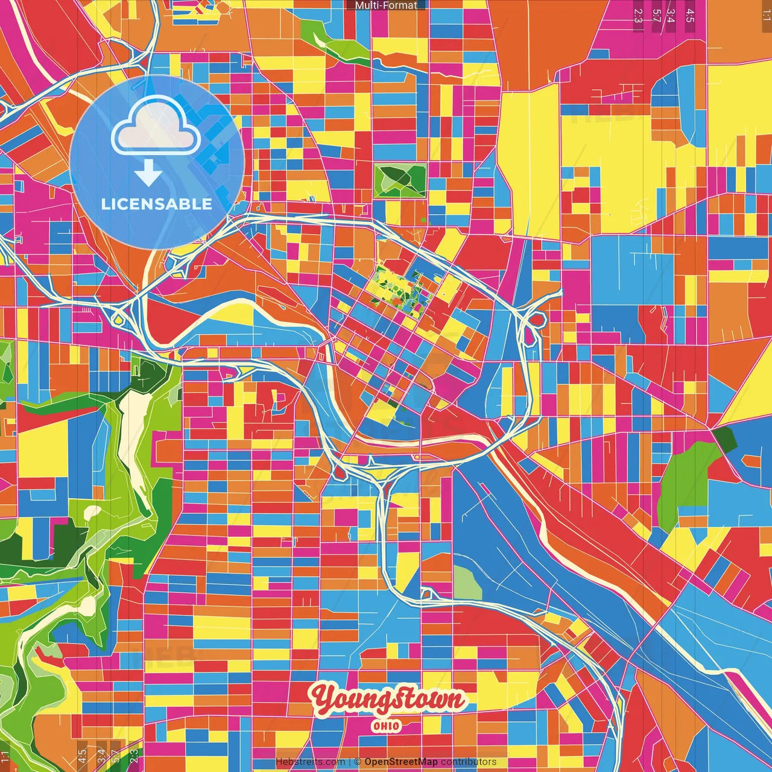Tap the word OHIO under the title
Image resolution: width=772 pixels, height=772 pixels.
pyautogui.click(x=386, y=726)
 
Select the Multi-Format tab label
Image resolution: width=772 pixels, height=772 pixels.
pyautogui.click(x=386, y=5)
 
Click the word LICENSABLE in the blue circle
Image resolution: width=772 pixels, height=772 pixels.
pyautogui.click(x=156, y=204)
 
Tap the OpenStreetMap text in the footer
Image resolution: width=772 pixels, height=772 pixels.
pyautogui.click(x=400, y=762)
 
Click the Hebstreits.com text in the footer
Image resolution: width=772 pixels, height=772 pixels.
pyautogui.click(x=310, y=762)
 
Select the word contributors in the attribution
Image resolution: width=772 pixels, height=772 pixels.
pyautogui.click(x=469, y=762)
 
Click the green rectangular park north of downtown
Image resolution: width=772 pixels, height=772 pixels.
pyautogui.click(x=400, y=180)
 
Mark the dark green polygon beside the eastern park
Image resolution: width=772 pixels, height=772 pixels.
pyautogui.click(x=724, y=439)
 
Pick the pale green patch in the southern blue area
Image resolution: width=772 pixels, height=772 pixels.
pyautogui.click(x=467, y=583)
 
